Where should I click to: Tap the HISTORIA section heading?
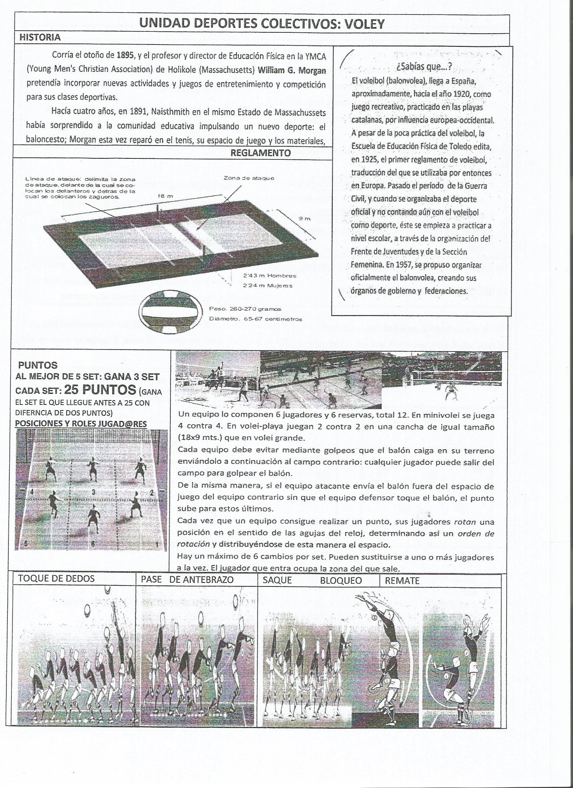pos(40,37)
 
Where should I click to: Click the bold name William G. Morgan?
pos(292,70)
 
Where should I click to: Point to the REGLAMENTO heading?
pos(261,153)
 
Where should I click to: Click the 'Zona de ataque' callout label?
pos(249,178)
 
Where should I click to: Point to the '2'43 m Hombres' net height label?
pos(269,276)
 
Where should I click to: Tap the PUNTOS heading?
pos(37,365)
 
